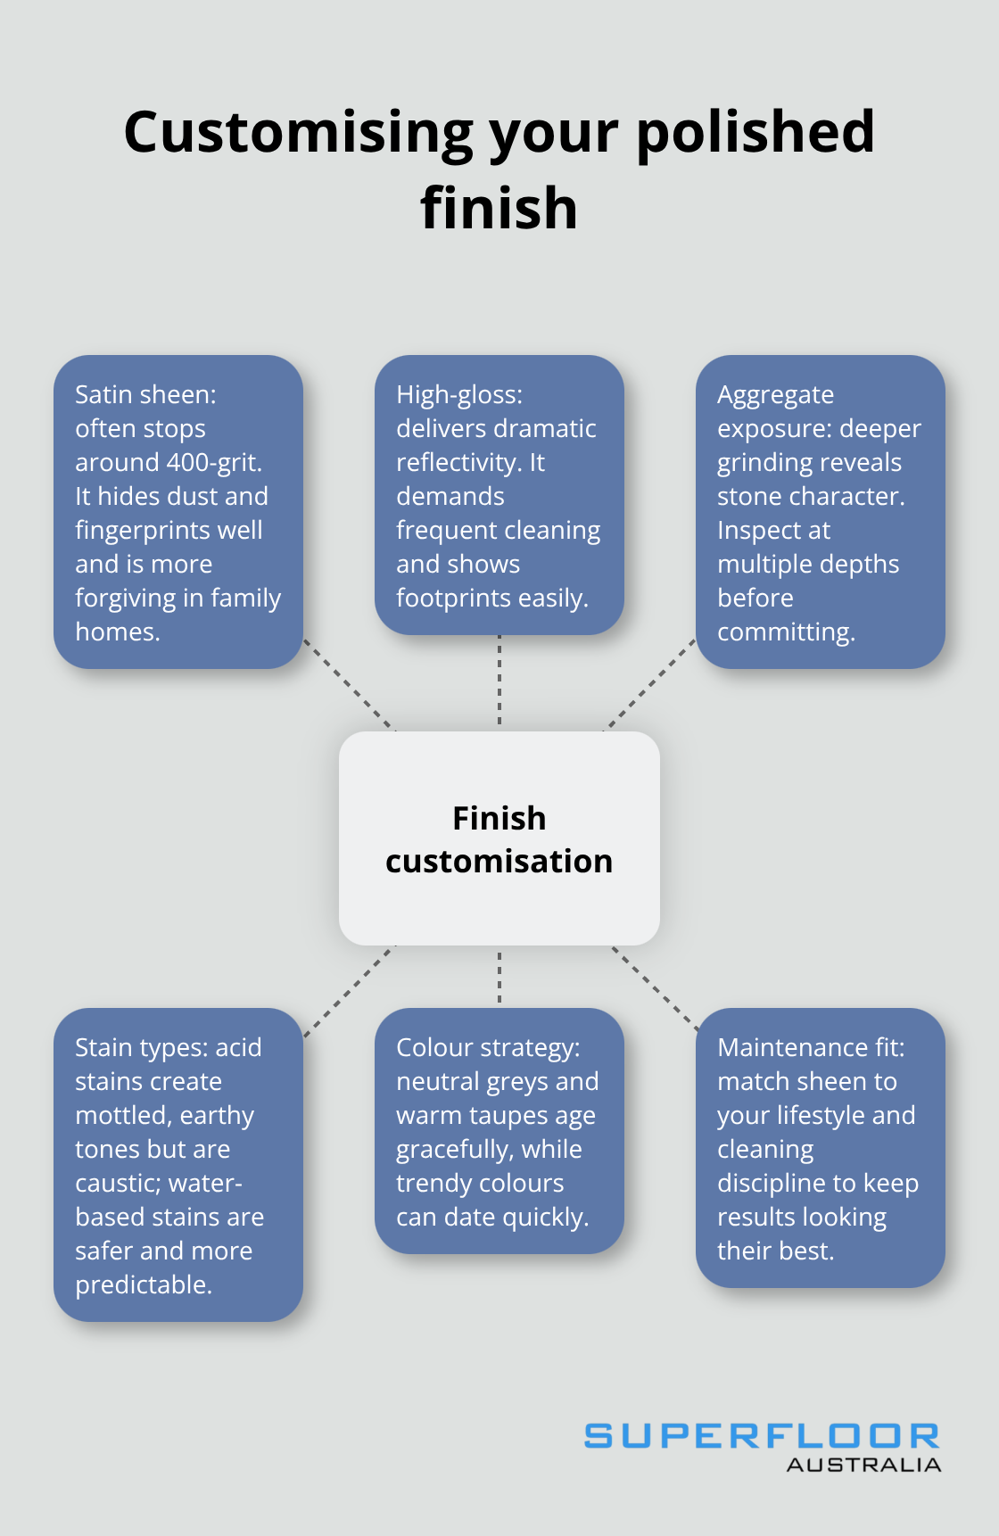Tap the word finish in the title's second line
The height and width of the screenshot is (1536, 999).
point(499,208)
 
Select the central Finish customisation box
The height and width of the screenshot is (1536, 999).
point(499,838)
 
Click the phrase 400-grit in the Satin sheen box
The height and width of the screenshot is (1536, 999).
point(214,462)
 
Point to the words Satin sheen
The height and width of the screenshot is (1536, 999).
point(145,394)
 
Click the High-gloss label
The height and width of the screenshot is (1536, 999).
point(459,394)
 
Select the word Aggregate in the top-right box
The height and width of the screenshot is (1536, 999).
point(775,394)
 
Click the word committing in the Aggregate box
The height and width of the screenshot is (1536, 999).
point(785,632)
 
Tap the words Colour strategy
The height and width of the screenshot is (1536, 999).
point(488,1047)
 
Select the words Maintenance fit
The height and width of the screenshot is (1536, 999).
point(810,1047)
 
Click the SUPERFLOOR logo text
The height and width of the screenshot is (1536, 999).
point(761,1436)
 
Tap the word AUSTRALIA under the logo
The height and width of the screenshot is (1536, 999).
point(863,1465)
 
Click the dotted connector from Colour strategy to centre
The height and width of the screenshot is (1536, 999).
point(499,977)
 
